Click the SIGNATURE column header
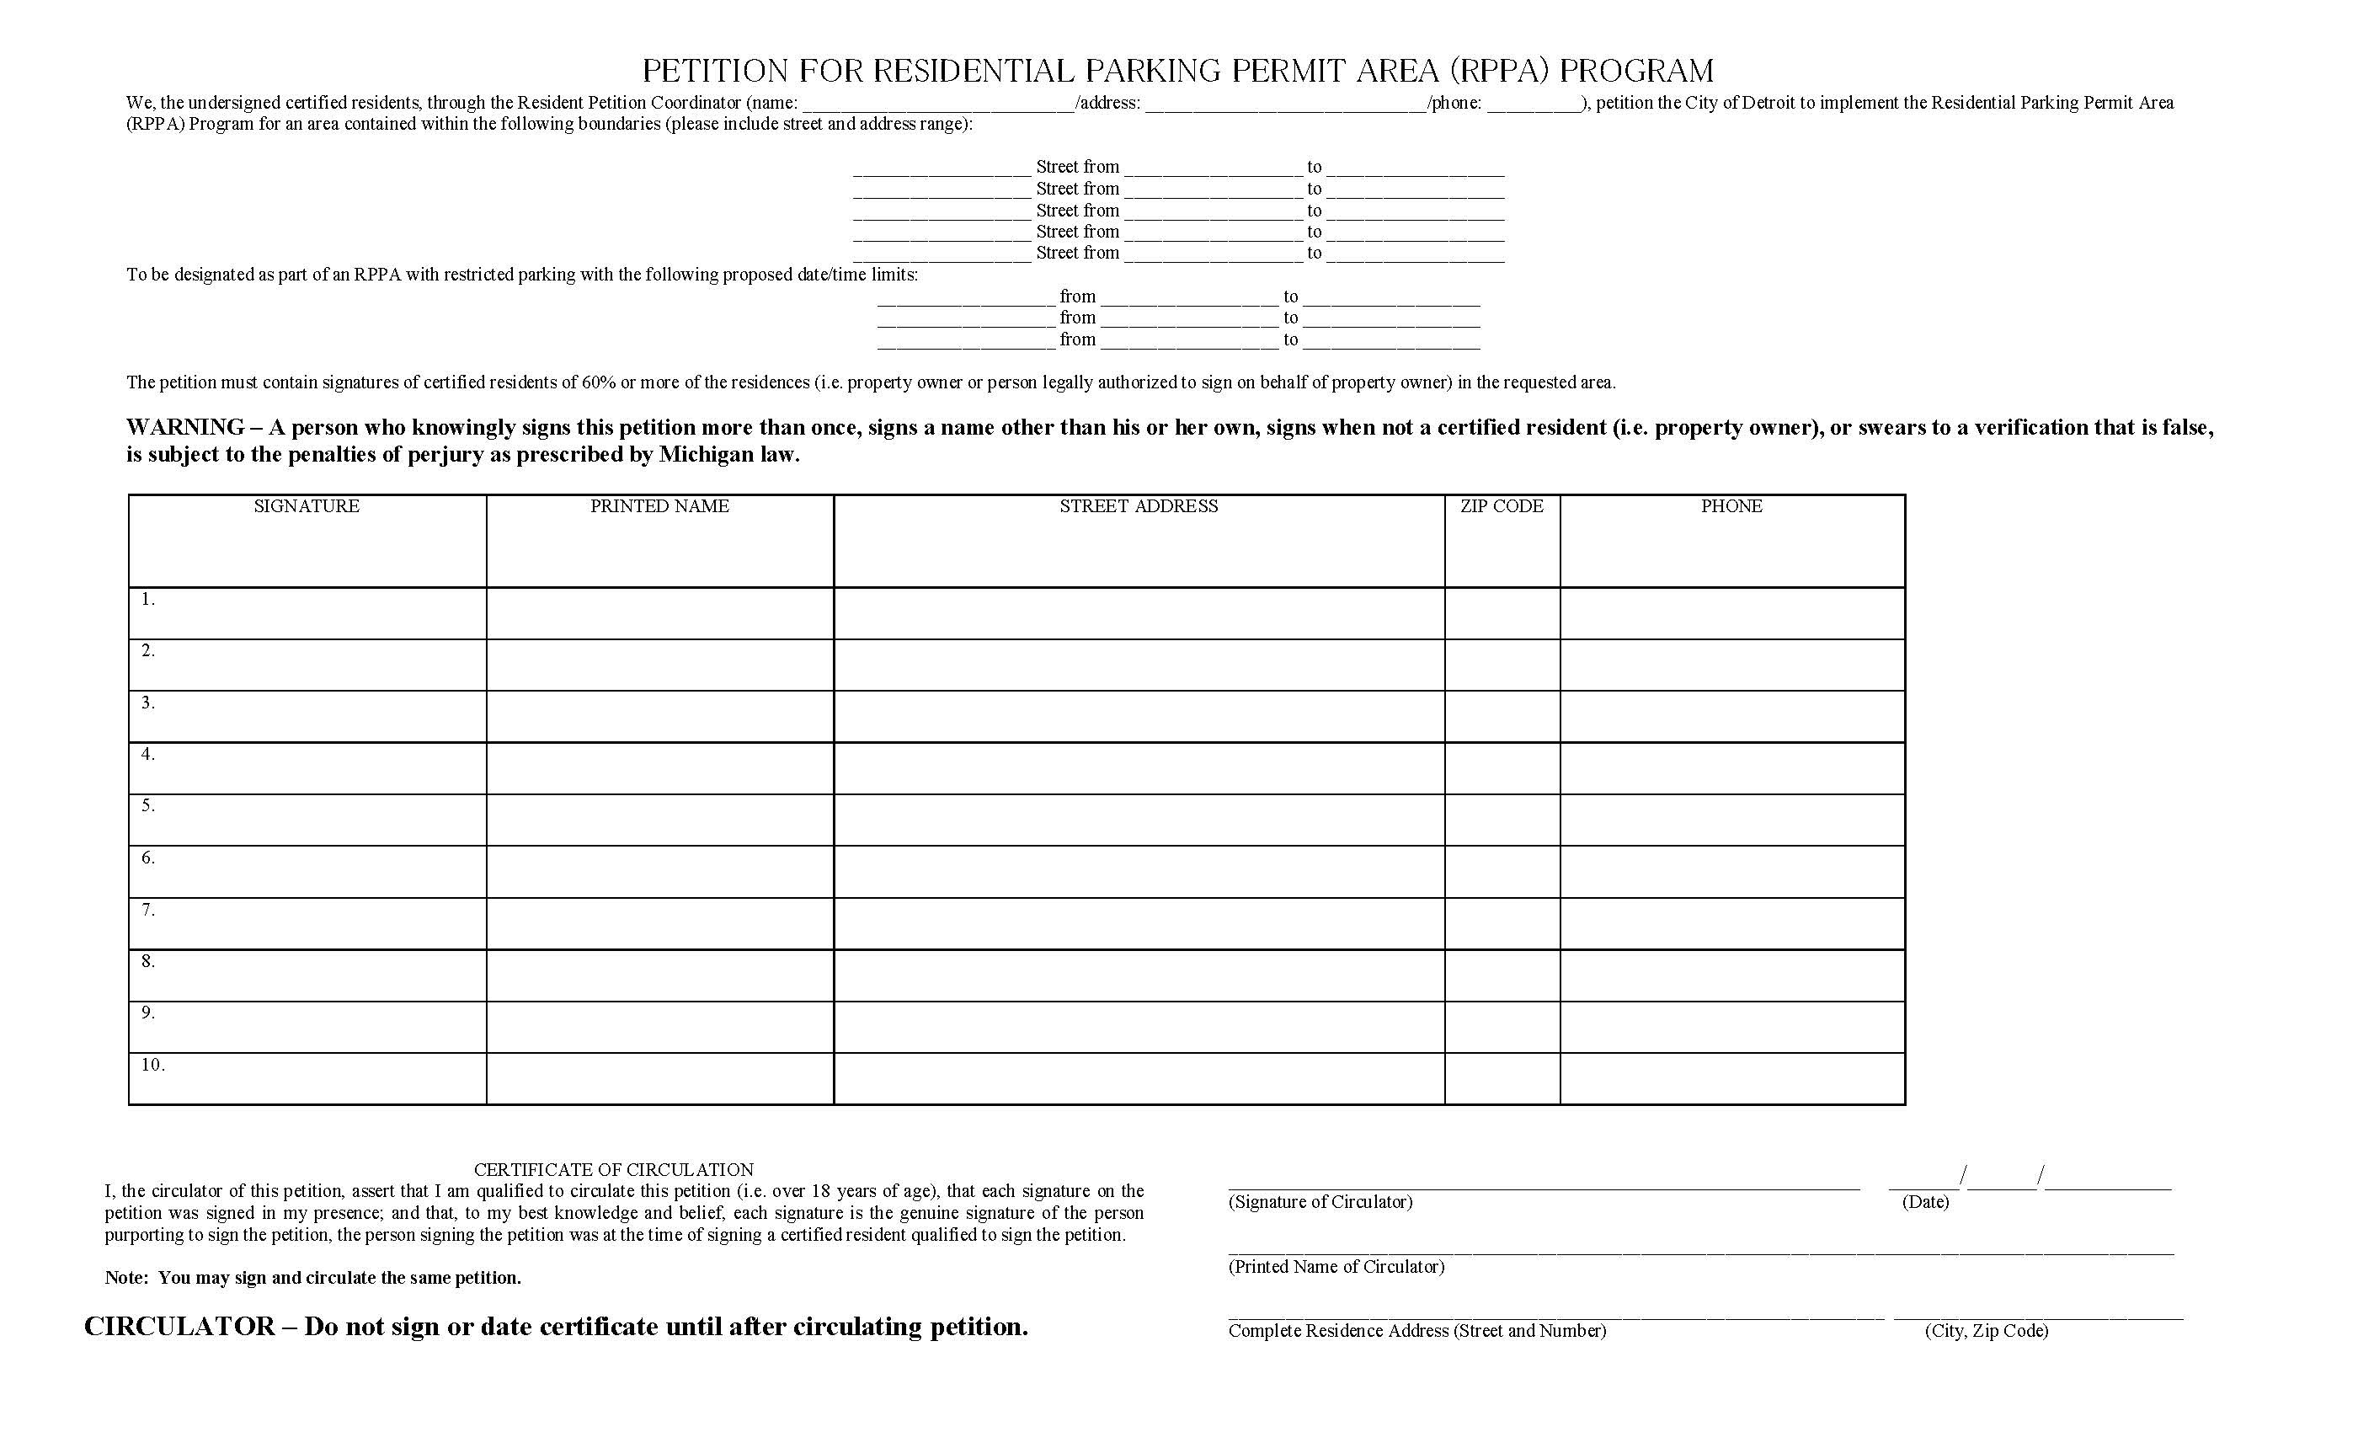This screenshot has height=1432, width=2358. (307, 506)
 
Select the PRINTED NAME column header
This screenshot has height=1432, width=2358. (659, 506)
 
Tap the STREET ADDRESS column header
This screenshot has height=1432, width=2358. (1139, 506)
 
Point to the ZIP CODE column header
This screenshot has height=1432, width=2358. (1502, 506)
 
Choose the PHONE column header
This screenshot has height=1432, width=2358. (1731, 506)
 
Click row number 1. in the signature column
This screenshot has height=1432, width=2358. (148, 600)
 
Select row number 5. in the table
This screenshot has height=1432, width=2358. (148, 806)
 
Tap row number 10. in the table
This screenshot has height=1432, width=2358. (153, 1065)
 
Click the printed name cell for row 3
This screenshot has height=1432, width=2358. (659, 716)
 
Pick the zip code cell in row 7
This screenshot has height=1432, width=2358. (1502, 924)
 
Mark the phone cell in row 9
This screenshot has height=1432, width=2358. (1731, 1027)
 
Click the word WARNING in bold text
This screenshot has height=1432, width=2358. (185, 428)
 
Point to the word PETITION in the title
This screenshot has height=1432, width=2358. (715, 71)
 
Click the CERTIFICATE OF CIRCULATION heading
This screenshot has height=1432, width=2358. (613, 1170)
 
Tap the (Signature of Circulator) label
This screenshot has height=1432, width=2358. (1320, 1202)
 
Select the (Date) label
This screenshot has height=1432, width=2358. (1924, 1202)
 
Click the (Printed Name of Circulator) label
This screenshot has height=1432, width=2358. (1336, 1268)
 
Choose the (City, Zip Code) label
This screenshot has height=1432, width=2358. (1986, 1332)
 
